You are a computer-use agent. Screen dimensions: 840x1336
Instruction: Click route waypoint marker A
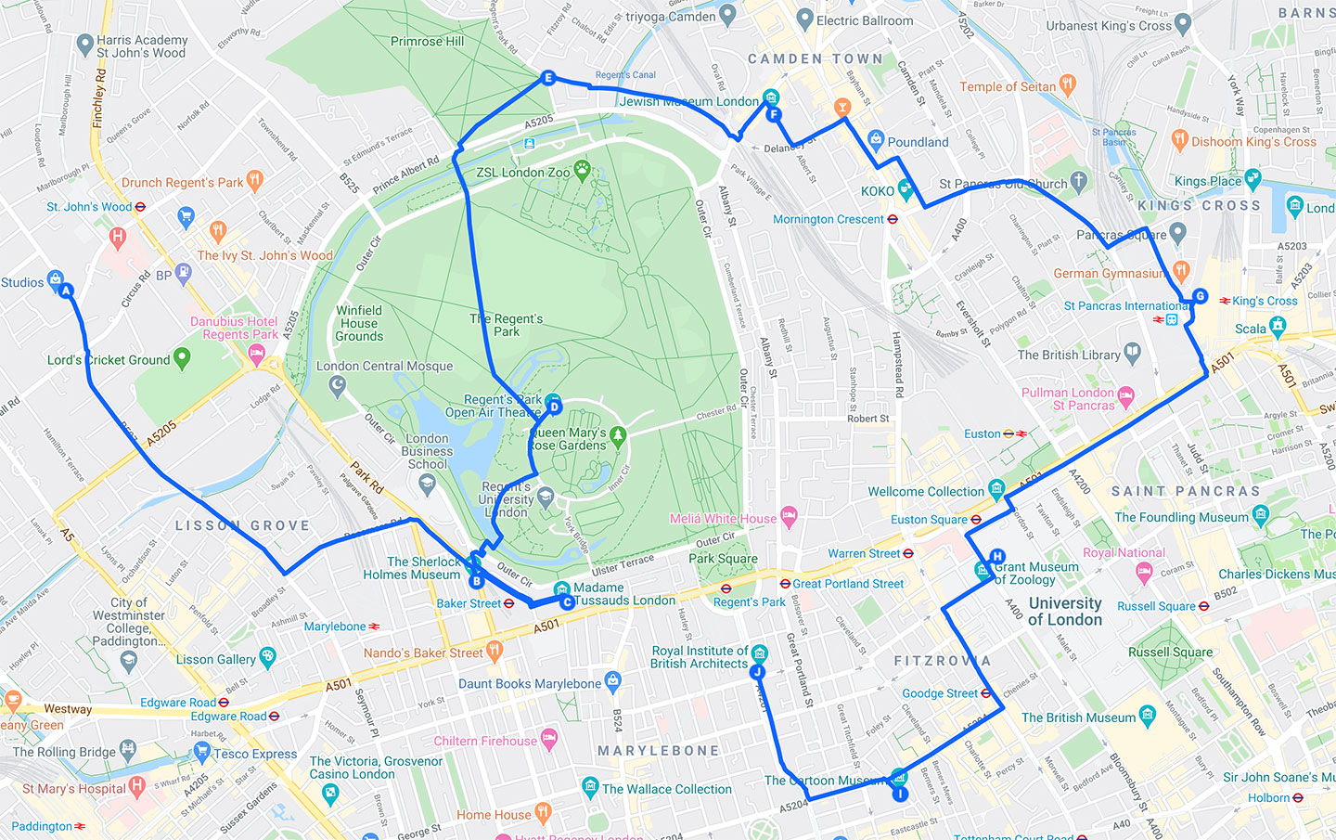[x=66, y=291]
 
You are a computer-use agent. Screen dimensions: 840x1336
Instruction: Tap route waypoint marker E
[x=547, y=78]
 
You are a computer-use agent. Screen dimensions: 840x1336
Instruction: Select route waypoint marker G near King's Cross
[x=1200, y=296]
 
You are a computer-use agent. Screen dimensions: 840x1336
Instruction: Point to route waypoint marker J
[x=757, y=672]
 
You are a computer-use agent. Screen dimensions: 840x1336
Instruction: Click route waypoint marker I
[x=899, y=794]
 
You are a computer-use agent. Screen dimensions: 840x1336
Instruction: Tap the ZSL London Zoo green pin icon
[x=582, y=169]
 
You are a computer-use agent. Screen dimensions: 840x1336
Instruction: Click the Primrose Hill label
[x=427, y=42]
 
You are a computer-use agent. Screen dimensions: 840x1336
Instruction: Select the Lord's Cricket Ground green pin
[x=182, y=357]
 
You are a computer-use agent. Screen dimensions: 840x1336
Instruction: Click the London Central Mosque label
[x=384, y=367]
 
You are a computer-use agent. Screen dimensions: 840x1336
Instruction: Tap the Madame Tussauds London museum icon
[x=561, y=589]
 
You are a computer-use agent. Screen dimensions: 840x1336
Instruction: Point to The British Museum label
[x=1077, y=717]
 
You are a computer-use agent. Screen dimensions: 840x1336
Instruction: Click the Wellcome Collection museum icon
[x=996, y=488]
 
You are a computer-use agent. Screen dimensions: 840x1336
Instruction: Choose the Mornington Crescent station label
[x=828, y=220]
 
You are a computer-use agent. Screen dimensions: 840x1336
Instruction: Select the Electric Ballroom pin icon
[x=804, y=18]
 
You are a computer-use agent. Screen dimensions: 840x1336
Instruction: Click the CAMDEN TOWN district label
[x=815, y=58]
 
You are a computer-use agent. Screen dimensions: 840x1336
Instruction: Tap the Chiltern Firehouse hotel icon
[x=549, y=740]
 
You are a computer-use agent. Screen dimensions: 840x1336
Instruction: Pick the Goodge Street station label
[x=939, y=693]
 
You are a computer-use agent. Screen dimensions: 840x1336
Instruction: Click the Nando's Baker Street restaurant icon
[x=495, y=652]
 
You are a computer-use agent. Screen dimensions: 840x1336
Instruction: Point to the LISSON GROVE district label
[x=242, y=525]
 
